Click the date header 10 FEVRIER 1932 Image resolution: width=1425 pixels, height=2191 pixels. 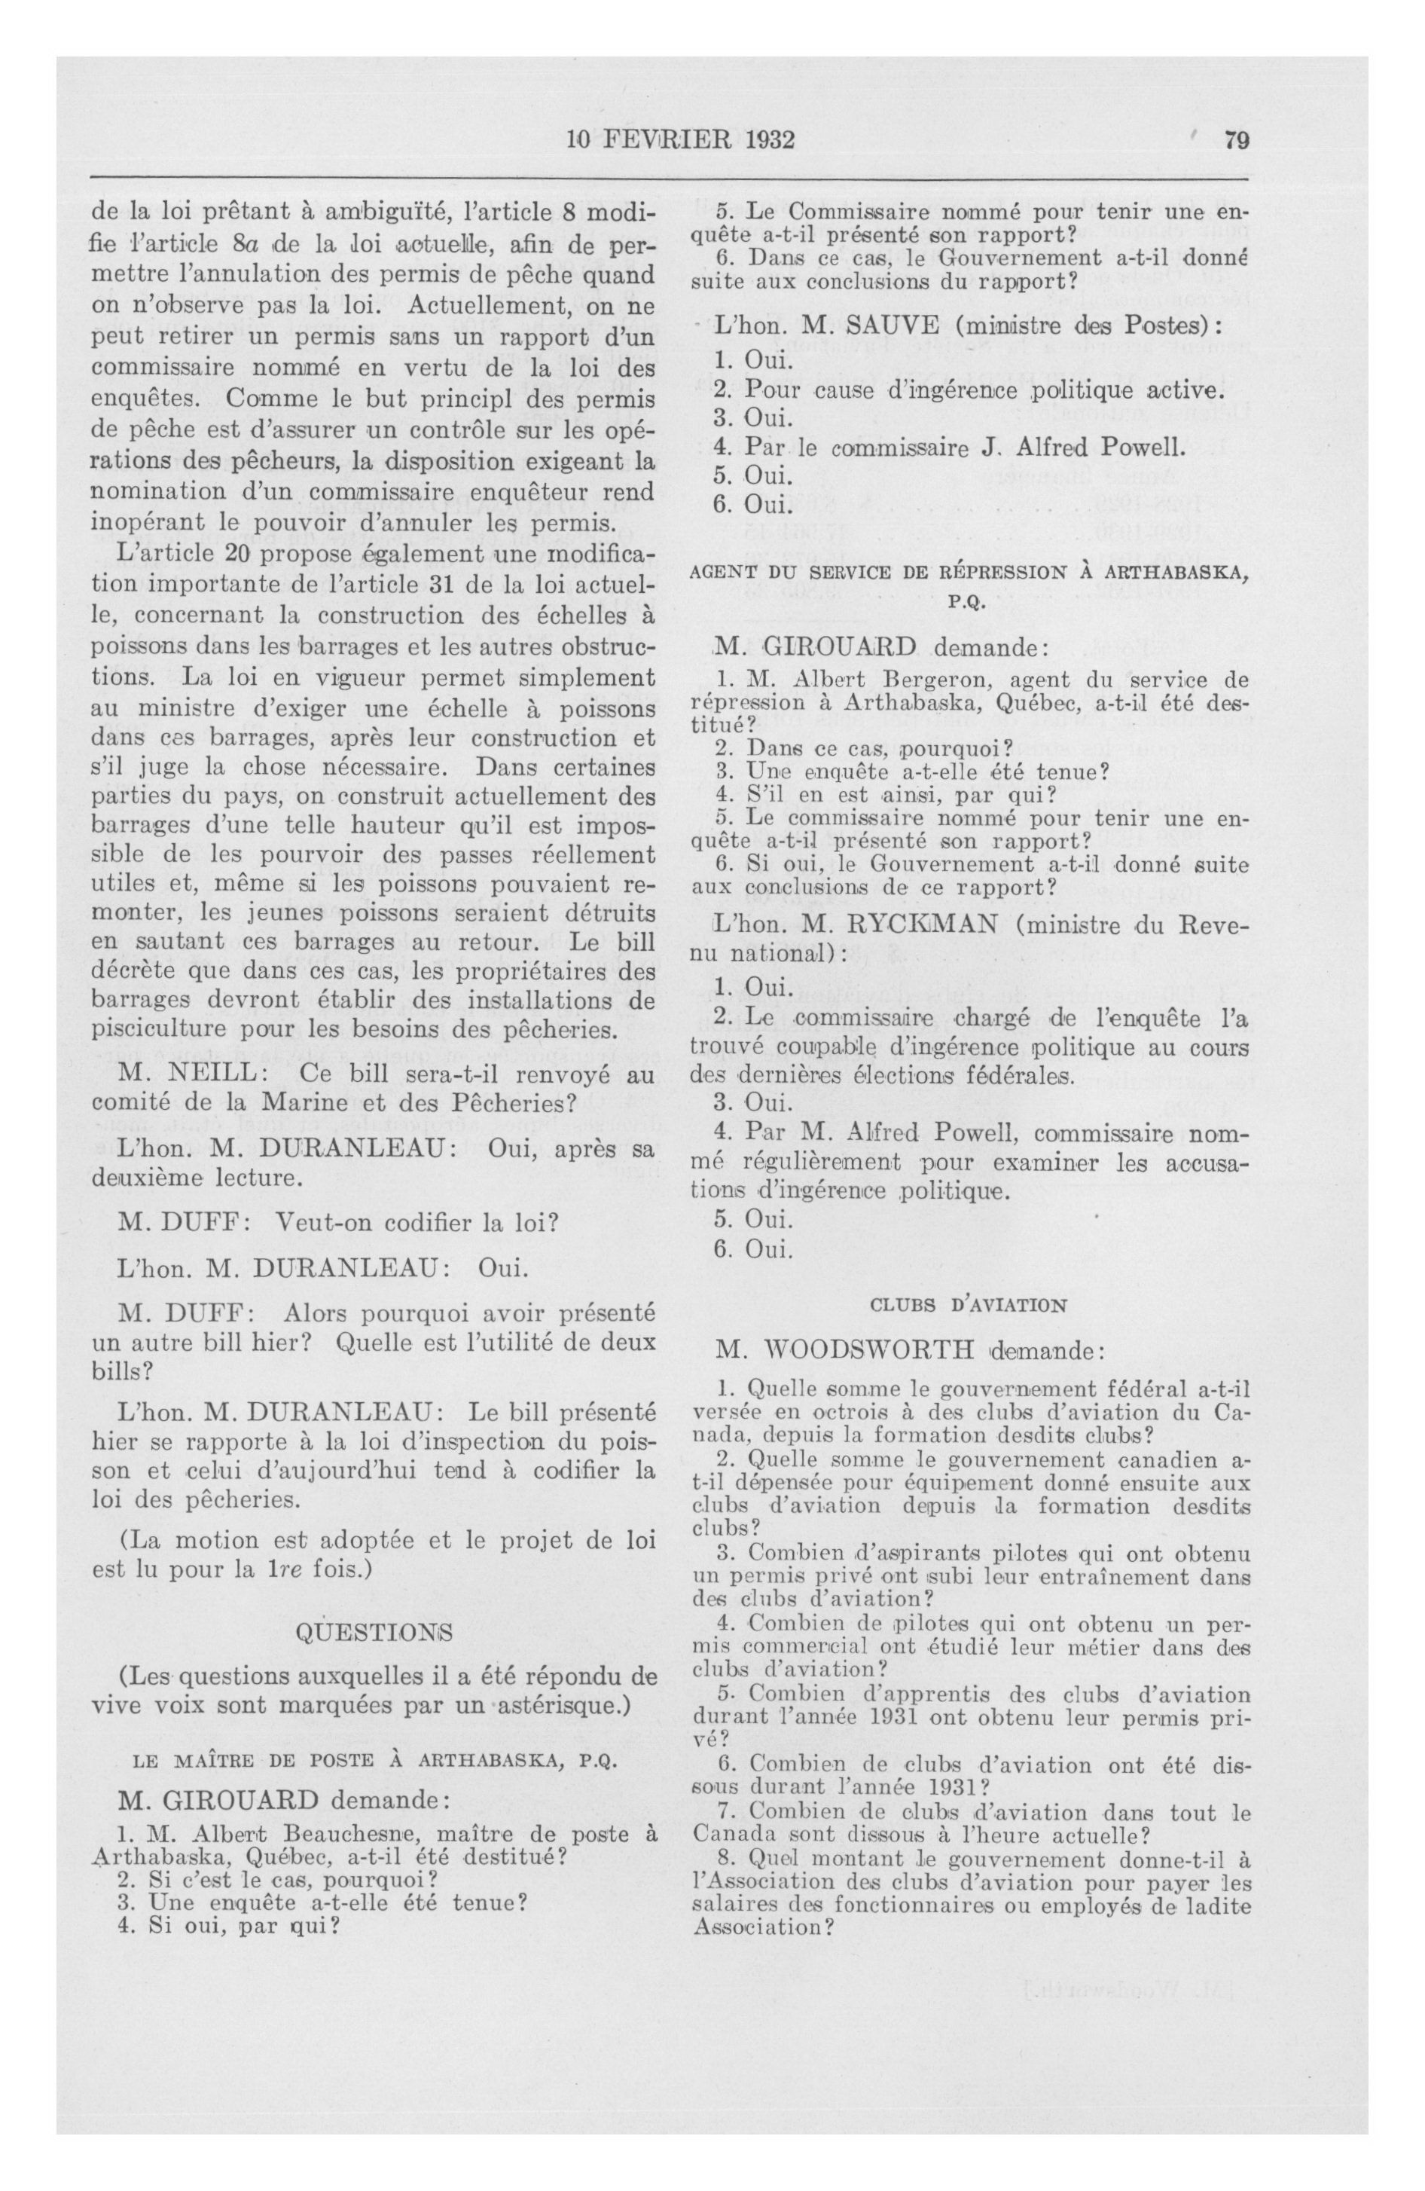(680, 141)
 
